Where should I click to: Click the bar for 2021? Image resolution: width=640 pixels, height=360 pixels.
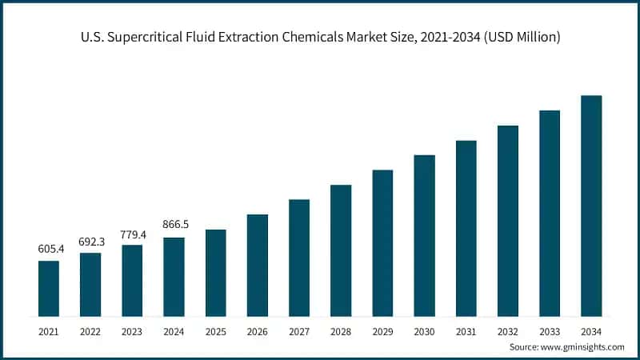49,288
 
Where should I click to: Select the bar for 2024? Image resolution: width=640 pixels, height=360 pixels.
174,276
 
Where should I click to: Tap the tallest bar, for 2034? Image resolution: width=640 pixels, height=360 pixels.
591,206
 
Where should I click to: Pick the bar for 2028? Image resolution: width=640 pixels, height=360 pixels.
341,250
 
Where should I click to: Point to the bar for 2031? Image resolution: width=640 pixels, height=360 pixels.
466,228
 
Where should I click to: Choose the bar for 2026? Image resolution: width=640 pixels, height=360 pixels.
258,265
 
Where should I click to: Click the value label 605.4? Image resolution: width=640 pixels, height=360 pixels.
49,249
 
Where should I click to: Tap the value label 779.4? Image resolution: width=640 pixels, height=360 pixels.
132,233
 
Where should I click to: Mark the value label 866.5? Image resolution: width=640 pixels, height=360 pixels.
174,225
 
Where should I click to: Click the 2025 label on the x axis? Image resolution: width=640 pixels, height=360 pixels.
216,330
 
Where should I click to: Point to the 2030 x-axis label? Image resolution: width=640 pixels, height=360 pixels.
424,330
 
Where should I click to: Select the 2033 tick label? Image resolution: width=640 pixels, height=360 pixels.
550,330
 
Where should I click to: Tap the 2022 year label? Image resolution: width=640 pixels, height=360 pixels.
90,330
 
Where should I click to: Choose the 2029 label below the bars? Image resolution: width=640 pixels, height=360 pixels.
382,330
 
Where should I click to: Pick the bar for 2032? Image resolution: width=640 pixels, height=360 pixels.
508,221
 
